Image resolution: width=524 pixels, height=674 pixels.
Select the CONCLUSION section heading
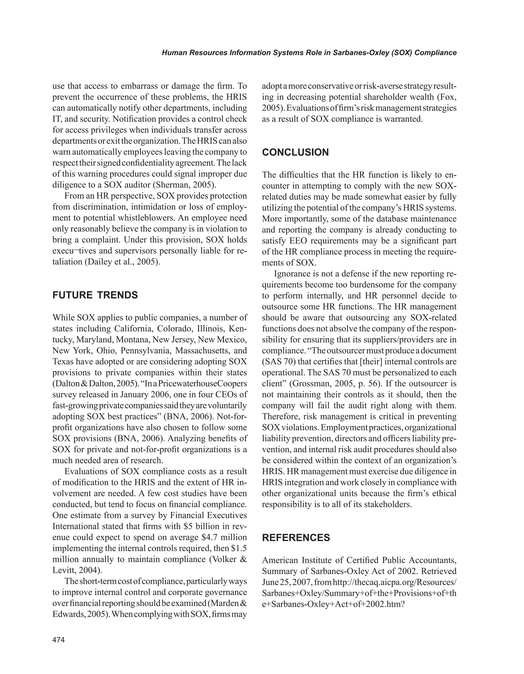point(295,153)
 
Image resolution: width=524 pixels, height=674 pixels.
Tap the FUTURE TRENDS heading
point(95,295)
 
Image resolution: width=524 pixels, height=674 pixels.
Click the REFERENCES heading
point(296,538)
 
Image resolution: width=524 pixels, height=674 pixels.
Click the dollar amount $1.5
point(239,548)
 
